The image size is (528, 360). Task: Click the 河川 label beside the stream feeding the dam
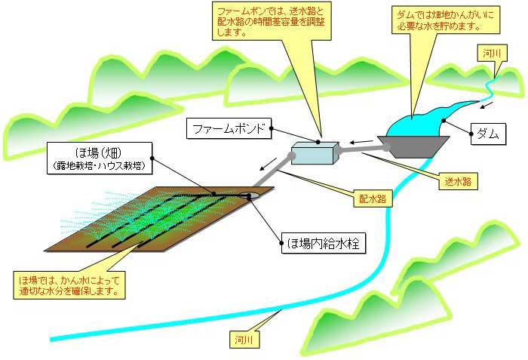click(494, 52)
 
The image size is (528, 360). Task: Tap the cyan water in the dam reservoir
click(415, 125)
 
